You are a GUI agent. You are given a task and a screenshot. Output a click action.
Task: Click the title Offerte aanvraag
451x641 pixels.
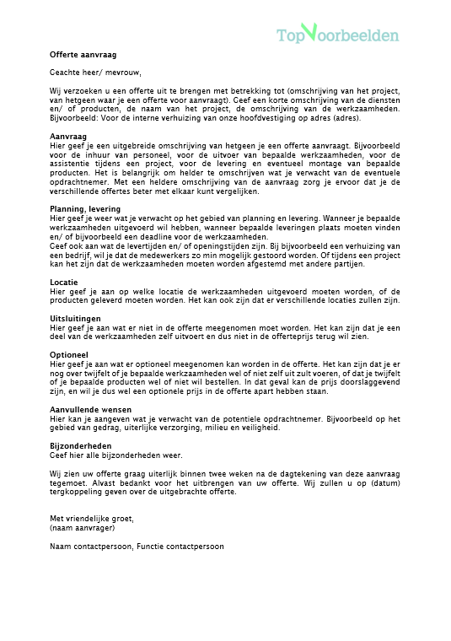pyautogui.click(x=83, y=54)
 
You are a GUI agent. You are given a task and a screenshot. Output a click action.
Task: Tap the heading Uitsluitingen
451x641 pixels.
pyautogui.click(x=75, y=319)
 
